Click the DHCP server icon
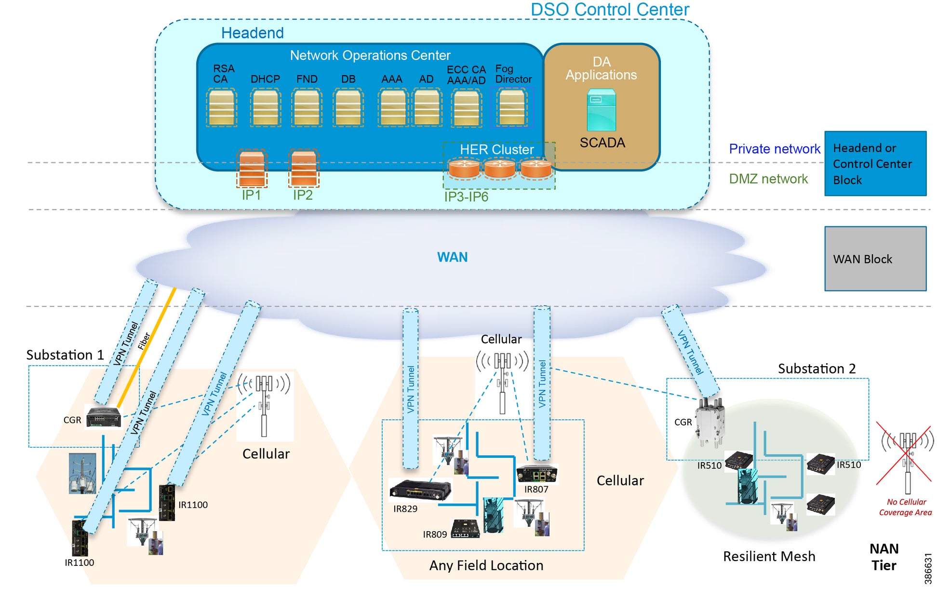tap(266, 108)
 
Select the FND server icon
tap(307, 108)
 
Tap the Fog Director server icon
tap(511, 107)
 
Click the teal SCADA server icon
tap(601, 110)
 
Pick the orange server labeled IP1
tap(252, 168)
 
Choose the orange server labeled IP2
tap(303, 168)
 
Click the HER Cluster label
tap(496, 150)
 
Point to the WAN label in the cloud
tap(452, 257)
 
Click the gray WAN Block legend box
tap(875, 259)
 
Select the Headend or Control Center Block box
tap(875, 164)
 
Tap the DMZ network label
tap(768, 179)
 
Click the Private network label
tap(774, 149)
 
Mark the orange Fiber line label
tap(144, 341)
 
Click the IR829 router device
tap(420, 490)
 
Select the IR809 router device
tap(465, 529)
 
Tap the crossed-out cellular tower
tap(906, 453)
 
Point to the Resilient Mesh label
tap(769, 557)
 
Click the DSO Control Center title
tap(610, 10)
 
